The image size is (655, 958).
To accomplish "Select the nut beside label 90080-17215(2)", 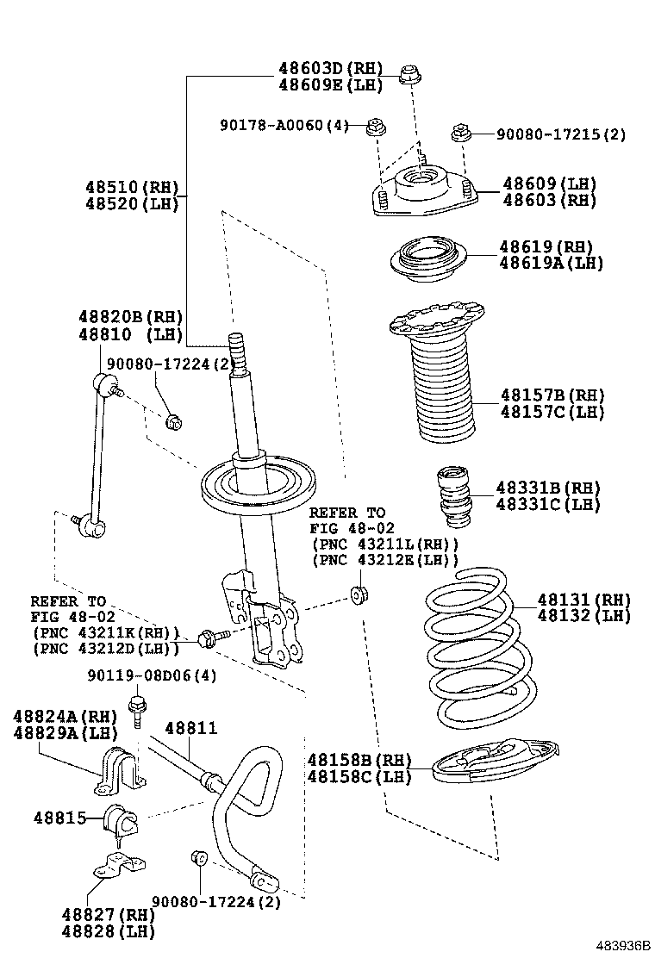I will tap(462, 134).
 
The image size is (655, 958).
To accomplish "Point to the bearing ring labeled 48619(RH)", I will tap(428, 258).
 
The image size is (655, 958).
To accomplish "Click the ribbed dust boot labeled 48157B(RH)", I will tap(439, 379).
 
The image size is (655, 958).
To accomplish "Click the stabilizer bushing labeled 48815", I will tap(122, 820).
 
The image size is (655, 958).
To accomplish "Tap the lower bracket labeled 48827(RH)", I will tap(119, 865).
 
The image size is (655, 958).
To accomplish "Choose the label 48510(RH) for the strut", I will tap(131, 187).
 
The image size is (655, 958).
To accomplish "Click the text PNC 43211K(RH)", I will tap(105, 632).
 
